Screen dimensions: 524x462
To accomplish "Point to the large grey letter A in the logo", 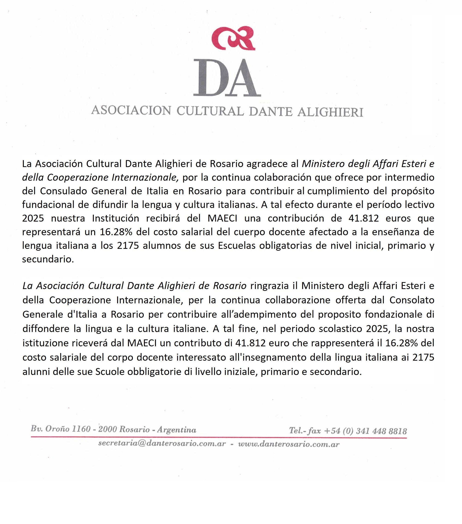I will pyautogui.click(x=244, y=78).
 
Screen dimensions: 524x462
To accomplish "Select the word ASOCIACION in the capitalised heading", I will pyautogui.click(x=131, y=110).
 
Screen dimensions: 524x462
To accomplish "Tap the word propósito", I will pyautogui.click(x=413, y=191).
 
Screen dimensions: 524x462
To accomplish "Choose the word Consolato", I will pyautogui.click(x=412, y=300).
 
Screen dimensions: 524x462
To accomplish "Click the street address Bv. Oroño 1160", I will pyautogui.click(x=61, y=429).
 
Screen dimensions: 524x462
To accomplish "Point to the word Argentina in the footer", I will pyautogui.click(x=177, y=430).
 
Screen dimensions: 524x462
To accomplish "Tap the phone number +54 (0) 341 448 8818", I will pyautogui.click(x=365, y=431).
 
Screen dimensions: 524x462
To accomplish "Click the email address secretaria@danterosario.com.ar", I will pyautogui.click(x=162, y=444).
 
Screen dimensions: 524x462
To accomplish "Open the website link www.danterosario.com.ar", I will pyautogui.click(x=289, y=444).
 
